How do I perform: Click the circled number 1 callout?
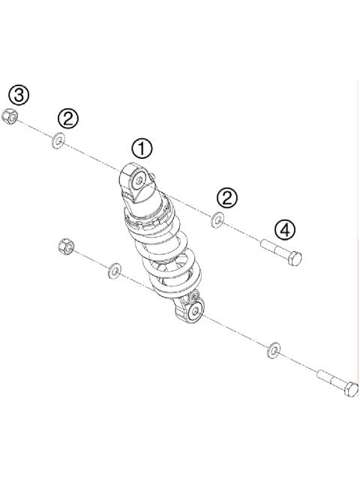[x=142, y=148]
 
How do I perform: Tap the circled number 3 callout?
[x=19, y=94]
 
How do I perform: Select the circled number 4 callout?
[x=284, y=229]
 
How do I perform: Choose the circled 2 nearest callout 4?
[x=227, y=197]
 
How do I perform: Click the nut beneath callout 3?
[x=10, y=116]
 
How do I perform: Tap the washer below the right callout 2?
[x=217, y=220]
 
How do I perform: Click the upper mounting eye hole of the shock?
[x=141, y=178]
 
